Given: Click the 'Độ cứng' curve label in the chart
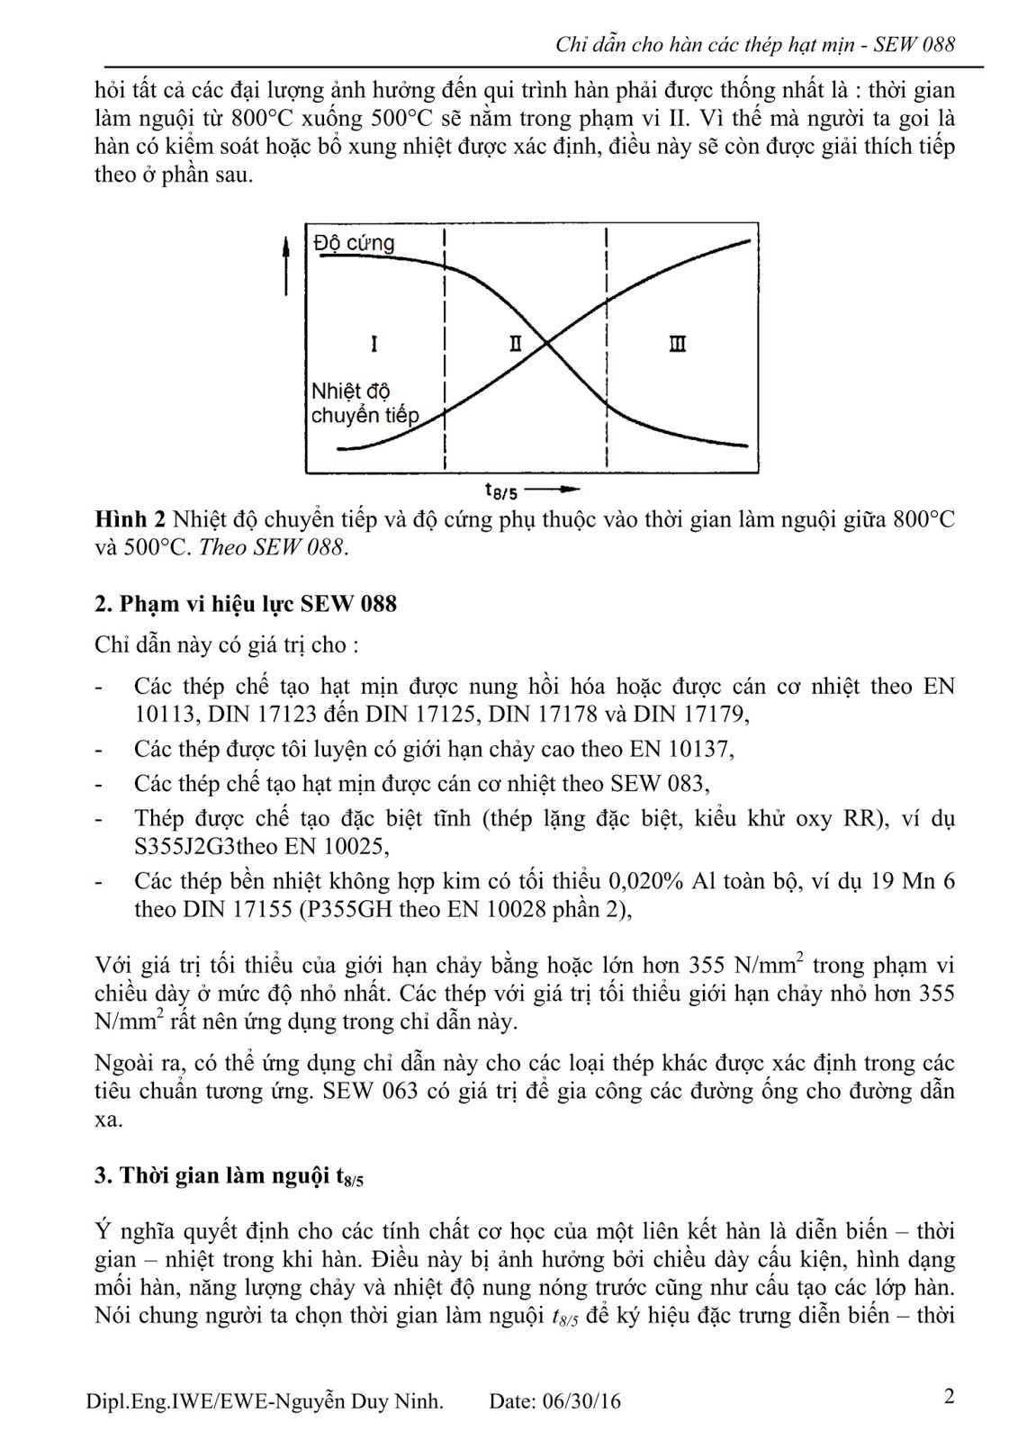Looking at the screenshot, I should (354, 243).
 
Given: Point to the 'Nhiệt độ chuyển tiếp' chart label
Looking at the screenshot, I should (364, 403).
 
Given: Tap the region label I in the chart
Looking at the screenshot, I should (374, 343).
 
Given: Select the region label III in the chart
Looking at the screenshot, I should (678, 343).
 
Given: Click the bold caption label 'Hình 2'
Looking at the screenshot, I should (131, 520).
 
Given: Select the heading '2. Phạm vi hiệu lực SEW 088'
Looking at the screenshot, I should (245, 603).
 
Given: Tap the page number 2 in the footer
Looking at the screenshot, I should (949, 1397).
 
